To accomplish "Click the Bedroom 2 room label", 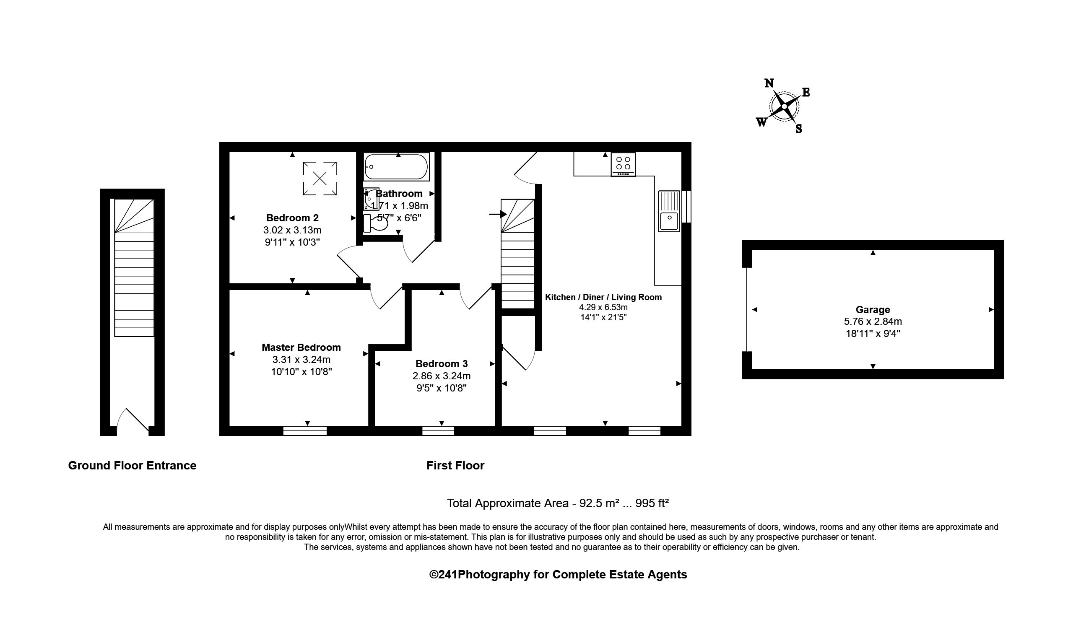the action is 292,218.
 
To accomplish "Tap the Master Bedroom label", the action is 301,347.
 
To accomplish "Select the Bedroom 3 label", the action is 442,363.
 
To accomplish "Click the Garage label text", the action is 873,310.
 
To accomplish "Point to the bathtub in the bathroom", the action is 397,167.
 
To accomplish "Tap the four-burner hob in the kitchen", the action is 623,164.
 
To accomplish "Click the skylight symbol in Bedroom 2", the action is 320,179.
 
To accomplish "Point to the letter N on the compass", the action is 769,83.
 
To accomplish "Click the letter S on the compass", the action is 798,129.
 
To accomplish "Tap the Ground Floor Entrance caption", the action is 132,466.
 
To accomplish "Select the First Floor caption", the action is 455,466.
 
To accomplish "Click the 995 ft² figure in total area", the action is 652,503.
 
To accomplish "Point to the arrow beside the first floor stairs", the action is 498,214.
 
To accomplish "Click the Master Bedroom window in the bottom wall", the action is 305,430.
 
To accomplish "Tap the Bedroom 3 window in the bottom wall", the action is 438,430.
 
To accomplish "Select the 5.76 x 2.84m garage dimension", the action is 873,321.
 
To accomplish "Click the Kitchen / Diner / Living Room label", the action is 603,297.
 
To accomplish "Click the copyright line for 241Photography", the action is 558,575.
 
